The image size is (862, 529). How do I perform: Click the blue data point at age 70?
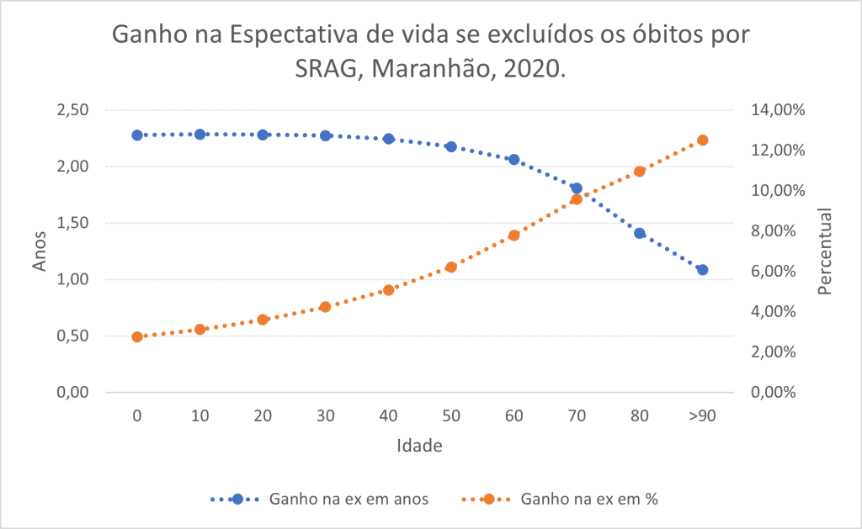pos(577,188)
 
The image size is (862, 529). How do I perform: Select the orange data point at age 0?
pos(137,336)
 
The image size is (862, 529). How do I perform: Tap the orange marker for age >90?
pos(702,140)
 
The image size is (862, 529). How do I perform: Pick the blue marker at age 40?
pos(388,139)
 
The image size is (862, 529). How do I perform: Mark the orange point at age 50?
pos(451,267)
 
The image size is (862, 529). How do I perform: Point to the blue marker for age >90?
pos(702,270)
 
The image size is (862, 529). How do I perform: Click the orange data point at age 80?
pos(639,172)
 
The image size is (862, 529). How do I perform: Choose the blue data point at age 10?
pos(200,134)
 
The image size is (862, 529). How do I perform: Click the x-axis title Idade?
pos(418,446)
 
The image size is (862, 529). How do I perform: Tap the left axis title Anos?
pos(40,251)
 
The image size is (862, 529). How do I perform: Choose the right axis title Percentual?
pos(824,251)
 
